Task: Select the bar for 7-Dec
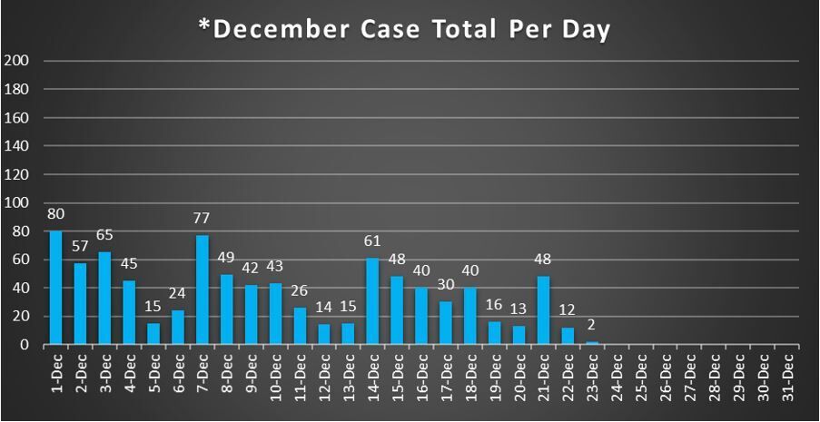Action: (x=203, y=290)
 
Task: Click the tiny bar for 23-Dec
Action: (x=592, y=343)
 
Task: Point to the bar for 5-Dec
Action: (x=153, y=334)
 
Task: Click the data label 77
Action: (x=203, y=219)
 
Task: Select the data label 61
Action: (x=373, y=241)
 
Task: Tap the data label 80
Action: (x=55, y=214)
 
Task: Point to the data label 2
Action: (x=592, y=325)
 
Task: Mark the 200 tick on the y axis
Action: (x=18, y=61)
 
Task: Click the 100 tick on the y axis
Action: (x=18, y=202)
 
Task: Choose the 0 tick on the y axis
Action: (x=25, y=345)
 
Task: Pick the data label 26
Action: (x=300, y=290)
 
